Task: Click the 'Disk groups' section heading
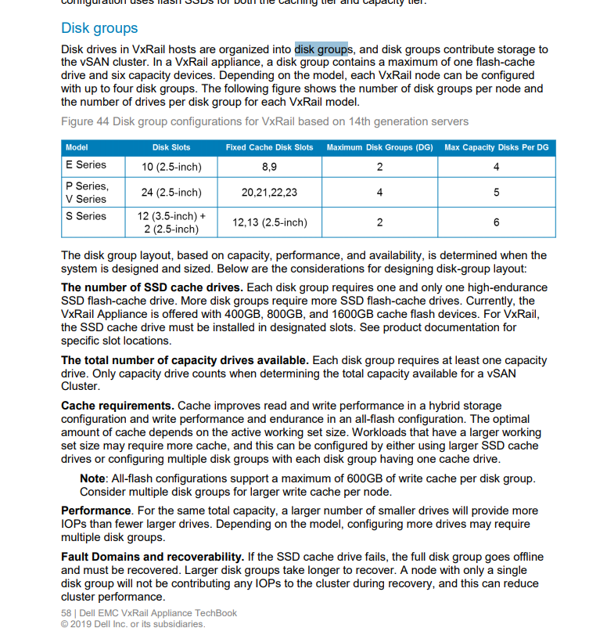99,28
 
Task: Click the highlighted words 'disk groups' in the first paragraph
321,49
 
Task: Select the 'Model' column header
77,147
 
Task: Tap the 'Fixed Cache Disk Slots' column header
269,147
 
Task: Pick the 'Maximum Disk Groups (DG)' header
379,147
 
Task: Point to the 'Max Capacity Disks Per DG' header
496,147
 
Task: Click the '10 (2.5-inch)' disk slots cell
171,166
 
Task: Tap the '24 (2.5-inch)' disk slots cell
171,193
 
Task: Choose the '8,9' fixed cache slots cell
269,166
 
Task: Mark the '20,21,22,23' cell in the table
269,193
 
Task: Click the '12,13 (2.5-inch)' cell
269,222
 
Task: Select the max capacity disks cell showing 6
496,222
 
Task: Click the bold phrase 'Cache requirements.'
117,406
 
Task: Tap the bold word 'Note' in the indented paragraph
93,478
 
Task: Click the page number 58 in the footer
66,613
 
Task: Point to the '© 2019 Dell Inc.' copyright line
133,624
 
